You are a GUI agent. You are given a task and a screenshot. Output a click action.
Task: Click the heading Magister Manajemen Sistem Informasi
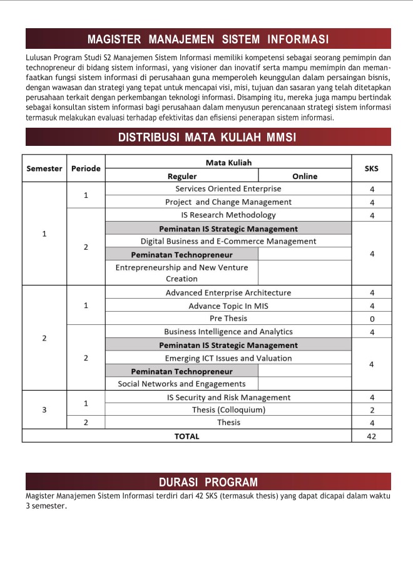208,39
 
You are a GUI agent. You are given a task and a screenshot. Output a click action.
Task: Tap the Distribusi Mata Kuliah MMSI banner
208,138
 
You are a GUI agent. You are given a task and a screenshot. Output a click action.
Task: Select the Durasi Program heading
208,482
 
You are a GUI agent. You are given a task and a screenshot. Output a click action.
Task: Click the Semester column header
44,168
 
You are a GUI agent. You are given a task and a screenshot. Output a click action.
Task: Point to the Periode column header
86,168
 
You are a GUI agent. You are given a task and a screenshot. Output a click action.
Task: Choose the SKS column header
371,168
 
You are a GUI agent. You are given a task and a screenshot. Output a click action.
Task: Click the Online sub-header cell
305,176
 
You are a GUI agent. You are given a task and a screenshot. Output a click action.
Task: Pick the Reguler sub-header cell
181,176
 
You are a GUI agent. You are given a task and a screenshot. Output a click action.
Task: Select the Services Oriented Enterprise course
228,188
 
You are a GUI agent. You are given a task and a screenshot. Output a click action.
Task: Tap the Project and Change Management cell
228,202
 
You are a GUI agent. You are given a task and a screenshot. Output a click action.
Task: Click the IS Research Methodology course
228,215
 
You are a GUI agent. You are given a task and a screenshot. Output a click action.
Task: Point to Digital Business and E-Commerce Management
228,241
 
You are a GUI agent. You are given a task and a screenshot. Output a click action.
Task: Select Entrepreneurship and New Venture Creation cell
181,273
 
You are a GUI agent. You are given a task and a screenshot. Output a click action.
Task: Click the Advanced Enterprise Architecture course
228,292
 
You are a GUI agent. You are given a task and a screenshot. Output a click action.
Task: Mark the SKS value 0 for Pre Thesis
372,319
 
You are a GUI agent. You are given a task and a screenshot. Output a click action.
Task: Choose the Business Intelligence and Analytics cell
228,332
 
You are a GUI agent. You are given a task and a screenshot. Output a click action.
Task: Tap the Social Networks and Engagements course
181,384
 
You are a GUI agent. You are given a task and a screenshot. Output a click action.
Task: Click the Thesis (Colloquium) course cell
228,410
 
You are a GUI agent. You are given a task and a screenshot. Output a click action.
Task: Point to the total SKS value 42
372,436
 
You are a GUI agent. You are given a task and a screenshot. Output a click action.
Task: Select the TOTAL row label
186,436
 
